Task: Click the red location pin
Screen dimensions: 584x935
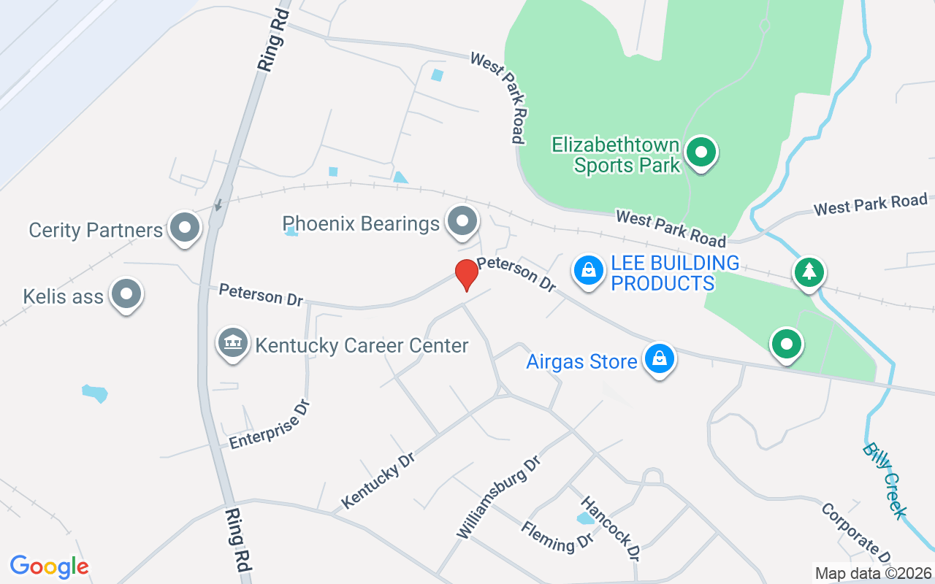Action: (466, 274)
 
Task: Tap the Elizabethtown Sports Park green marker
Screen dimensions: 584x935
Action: (702, 153)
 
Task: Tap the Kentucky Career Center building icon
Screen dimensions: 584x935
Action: (232, 343)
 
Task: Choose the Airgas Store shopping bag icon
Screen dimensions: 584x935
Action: (659, 358)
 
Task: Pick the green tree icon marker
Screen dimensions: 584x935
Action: (809, 272)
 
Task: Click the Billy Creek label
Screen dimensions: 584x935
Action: (884, 480)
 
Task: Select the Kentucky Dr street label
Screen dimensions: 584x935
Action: (378, 480)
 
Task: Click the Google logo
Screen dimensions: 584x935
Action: (49, 566)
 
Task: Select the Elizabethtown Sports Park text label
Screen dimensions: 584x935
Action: (616, 155)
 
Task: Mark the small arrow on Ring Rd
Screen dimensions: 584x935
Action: (218, 205)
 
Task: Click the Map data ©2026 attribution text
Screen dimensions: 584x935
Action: (873, 573)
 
